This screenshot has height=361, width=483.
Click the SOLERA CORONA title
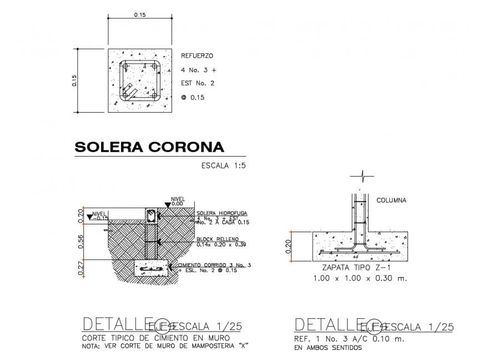pos(149,147)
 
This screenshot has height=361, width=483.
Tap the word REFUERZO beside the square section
pos(197,56)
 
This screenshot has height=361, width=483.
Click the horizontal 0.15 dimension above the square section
pos(139,15)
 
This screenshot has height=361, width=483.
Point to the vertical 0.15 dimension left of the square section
pos(74,81)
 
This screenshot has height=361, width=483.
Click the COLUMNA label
pos(392,200)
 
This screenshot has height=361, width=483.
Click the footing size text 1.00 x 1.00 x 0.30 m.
pos(360,278)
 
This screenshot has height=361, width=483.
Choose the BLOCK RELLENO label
pos(214,239)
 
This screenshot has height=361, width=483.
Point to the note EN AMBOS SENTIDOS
pos(328,348)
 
